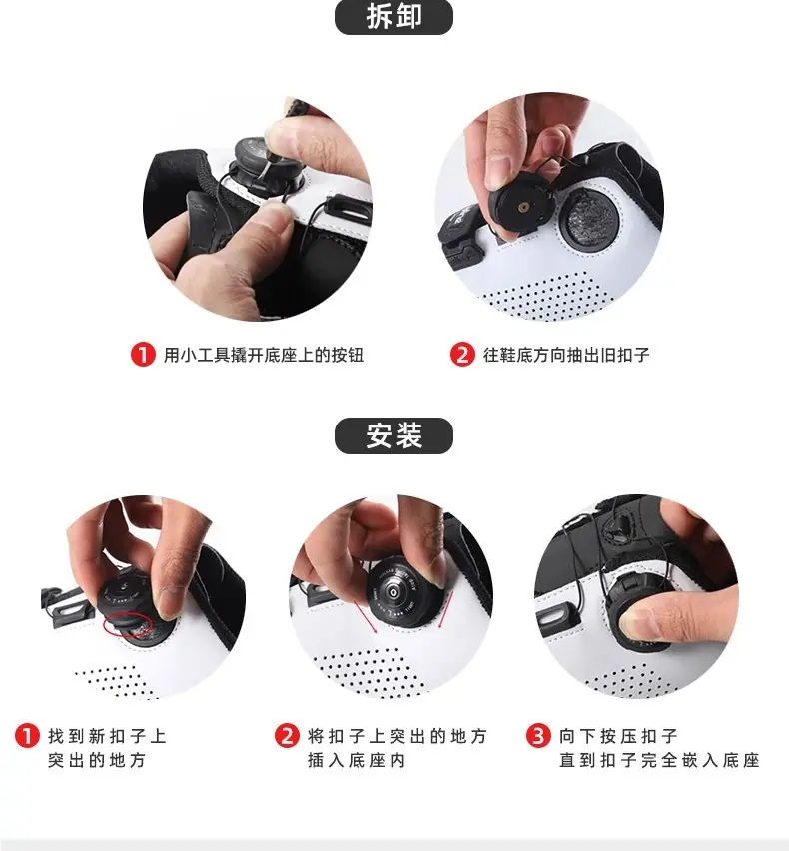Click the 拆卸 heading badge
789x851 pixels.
(394, 16)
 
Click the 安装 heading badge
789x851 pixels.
(394, 435)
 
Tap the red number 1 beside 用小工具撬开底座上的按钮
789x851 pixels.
(143, 355)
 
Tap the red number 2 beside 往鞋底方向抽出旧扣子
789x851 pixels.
(462, 355)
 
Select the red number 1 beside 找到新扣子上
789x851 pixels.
(27, 736)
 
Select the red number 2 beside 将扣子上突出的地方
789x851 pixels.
(287, 736)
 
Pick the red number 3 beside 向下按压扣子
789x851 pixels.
(538, 736)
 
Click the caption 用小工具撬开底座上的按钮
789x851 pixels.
(264, 355)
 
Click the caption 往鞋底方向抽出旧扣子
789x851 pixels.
(566, 355)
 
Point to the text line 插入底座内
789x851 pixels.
(357, 760)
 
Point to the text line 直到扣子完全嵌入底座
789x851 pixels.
(659, 760)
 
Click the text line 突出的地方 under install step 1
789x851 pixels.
(97, 760)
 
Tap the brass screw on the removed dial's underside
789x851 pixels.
(523, 207)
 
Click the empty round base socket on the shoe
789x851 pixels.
(590, 218)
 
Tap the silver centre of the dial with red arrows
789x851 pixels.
(394, 591)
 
